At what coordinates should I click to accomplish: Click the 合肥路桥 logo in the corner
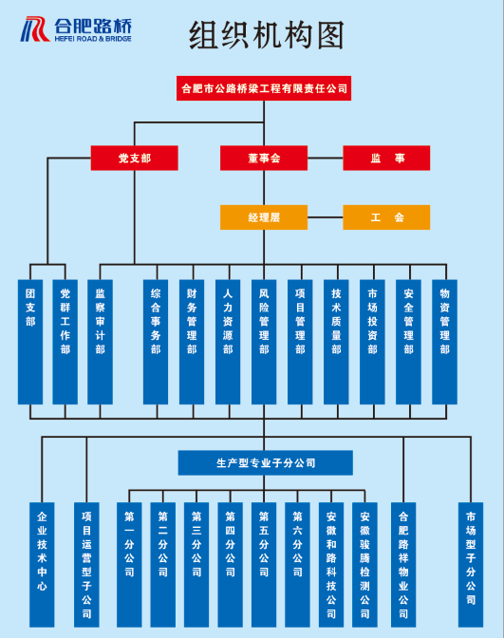click(x=76, y=29)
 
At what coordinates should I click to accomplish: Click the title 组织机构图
click(x=267, y=35)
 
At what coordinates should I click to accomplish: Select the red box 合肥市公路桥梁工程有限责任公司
click(x=264, y=88)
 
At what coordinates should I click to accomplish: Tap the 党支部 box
click(x=134, y=158)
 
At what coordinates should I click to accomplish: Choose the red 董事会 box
click(x=264, y=158)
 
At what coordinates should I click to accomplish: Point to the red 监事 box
click(x=386, y=158)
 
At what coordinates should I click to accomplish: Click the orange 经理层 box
click(x=264, y=217)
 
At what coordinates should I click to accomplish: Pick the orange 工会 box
click(x=386, y=217)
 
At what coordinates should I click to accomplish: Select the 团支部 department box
click(x=30, y=342)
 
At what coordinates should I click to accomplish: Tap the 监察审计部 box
click(x=100, y=342)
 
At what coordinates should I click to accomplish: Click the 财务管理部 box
click(x=192, y=342)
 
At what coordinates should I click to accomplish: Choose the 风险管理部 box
click(x=264, y=342)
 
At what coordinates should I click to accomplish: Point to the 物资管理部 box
click(x=444, y=342)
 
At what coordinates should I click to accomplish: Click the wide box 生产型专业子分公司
click(x=265, y=462)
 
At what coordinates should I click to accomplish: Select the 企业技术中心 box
click(x=42, y=565)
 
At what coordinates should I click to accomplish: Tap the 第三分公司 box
click(x=196, y=565)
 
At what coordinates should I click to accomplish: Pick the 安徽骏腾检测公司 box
click(x=364, y=565)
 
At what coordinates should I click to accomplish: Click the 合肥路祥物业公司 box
click(x=403, y=565)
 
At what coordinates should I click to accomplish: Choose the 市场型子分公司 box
click(x=471, y=565)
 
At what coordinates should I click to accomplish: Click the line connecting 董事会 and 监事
click(x=325, y=158)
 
